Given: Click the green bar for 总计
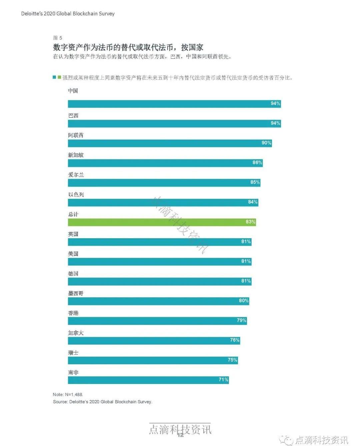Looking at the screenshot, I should [x=162, y=222].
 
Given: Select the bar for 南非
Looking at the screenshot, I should [x=148, y=380].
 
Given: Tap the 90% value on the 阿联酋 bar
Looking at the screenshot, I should [x=266, y=143].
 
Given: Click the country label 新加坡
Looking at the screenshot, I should [x=76, y=155].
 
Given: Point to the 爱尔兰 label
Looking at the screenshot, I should [x=76, y=175].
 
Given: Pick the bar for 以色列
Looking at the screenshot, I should [x=163, y=202].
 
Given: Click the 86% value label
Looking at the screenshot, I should [x=257, y=163].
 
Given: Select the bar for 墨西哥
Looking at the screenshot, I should [x=158, y=301].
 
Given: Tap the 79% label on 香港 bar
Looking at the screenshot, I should [x=241, y=321].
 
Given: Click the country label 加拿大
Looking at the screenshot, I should [x=76, y=333].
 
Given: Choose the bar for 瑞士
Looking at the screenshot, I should [x=153, y=360].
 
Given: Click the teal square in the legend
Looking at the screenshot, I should [x=54, y=77].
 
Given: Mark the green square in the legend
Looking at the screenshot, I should [x=59, y=77].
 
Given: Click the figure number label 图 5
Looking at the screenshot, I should [x=58, y=38].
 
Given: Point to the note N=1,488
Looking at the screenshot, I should [x=68, y=395].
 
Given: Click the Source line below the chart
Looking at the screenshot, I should [x=102, y=402].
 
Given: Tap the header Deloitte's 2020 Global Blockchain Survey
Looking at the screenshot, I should [x=68, y=14].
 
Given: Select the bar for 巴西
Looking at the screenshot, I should [x=174, y=124].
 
